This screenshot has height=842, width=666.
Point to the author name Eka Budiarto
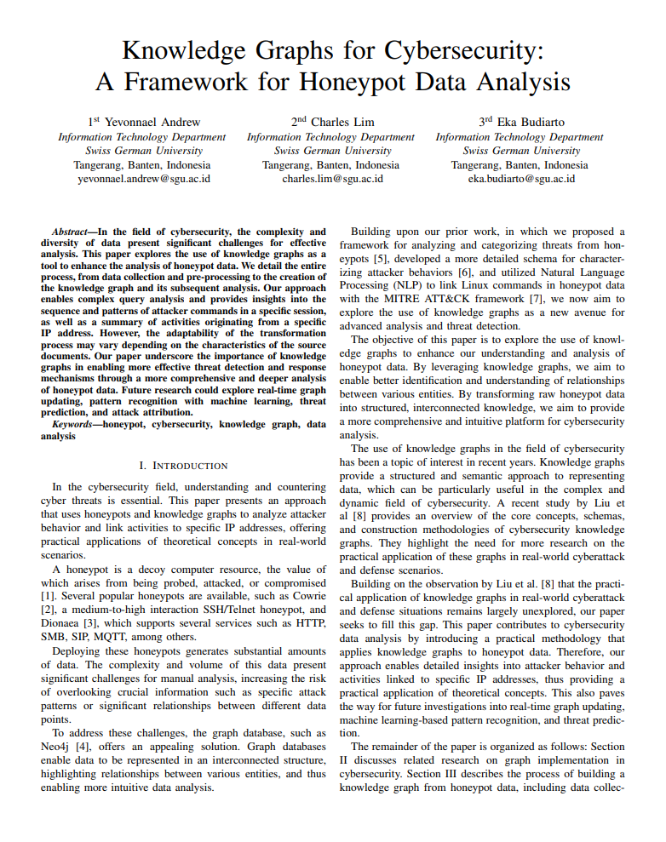(526, 122)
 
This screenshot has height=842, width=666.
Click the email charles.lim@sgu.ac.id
(332, 179)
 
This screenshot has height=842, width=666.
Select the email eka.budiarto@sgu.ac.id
(521, 179)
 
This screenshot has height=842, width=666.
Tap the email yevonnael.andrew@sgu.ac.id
(144, 179)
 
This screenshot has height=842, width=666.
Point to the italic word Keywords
(73, 423)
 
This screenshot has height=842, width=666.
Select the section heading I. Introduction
(182, 466)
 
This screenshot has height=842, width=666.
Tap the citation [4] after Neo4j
(84, 747)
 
